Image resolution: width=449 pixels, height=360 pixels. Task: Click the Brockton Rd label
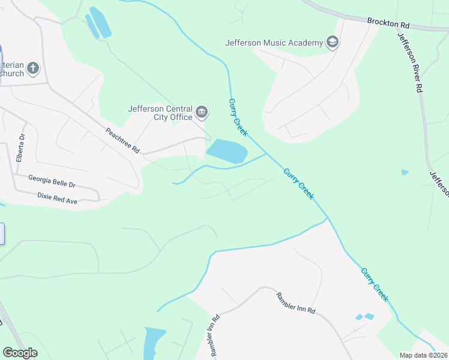(x=388, y=23)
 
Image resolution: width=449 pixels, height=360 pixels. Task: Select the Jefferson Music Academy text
(x=274, y=43)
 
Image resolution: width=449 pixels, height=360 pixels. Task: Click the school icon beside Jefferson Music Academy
(x=332, y=42)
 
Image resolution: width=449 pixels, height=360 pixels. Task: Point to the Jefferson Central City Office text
(x=160, y=113)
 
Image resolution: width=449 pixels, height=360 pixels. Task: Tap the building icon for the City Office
(x=202, y=112)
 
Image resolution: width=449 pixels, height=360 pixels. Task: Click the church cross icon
(x=33, y=68)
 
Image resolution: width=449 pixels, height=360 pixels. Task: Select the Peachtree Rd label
(x=122, y=142)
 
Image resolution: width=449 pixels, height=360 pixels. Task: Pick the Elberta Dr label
(x=20, y=149)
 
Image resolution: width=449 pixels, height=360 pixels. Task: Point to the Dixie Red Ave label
(x=57, y=199)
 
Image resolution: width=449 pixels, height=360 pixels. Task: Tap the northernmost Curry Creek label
(x=238, y=118)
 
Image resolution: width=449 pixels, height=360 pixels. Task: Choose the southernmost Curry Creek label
(x=375, y=284)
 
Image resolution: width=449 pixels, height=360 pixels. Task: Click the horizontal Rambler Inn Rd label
(x=295, y=303)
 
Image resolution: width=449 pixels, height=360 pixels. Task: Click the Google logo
(x=20, y=353)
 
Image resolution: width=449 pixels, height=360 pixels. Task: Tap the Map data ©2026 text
(x=424, y=355)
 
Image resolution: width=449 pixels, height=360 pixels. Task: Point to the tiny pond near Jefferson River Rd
(x=405, y=172)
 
